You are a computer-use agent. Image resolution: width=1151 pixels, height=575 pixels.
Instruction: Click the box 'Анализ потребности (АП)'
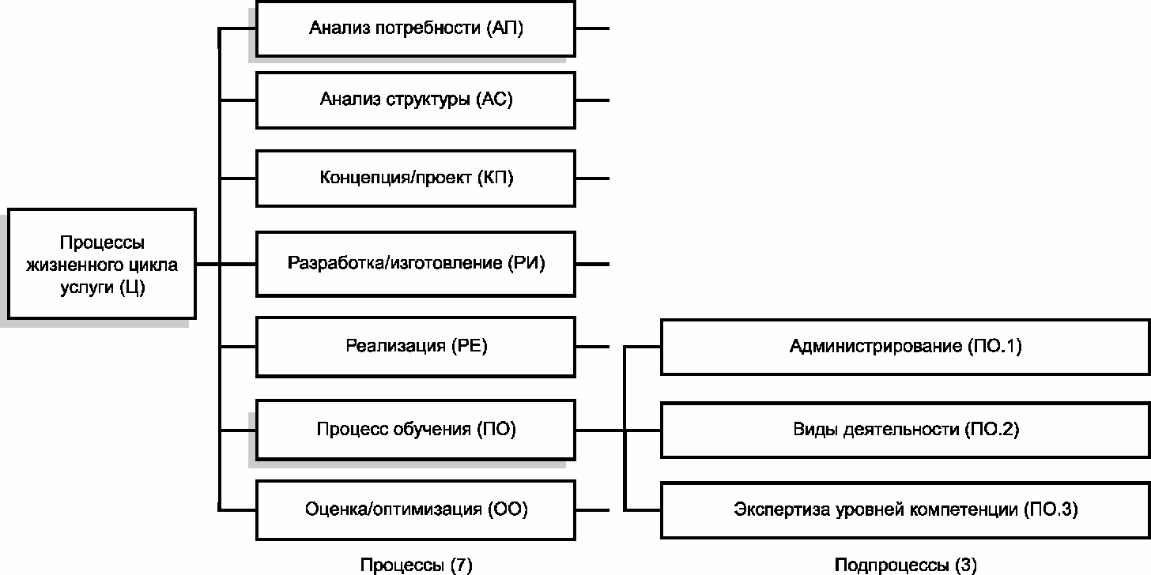(416, 28)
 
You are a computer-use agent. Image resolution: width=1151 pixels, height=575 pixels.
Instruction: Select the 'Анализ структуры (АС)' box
(416, 100)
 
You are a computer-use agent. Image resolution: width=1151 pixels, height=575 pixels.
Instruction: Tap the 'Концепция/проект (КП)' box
(416, 179)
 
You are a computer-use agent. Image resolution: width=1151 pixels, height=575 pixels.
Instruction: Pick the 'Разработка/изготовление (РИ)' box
(416, 264)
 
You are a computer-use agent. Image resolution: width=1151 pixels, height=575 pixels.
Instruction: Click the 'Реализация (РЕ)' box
(416, 347)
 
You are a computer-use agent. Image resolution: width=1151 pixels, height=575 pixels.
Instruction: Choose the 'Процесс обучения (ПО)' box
(416, 430)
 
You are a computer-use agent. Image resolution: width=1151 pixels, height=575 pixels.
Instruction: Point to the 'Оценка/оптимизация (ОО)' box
(416, 509)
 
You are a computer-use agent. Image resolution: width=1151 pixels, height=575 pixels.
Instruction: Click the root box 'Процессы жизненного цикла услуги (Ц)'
(102, 264)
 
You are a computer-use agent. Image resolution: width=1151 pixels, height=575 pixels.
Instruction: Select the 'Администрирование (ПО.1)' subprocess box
(905, 347)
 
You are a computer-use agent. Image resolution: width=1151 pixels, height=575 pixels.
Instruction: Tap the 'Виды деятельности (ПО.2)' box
(905, 430)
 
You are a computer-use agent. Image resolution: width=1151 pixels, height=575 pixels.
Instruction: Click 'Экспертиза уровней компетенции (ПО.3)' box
(905, 509)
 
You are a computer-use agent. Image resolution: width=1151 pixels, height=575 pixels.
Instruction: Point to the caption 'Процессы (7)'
(416, 565)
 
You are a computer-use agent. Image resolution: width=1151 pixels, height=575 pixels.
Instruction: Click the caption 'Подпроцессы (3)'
(905, 565)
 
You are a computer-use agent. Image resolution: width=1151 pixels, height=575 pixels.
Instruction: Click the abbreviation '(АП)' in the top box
(504, 28)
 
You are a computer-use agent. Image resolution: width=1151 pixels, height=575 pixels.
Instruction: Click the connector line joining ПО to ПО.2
(618, 430)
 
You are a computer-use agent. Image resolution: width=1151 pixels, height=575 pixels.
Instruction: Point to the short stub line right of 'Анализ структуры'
(592, 100)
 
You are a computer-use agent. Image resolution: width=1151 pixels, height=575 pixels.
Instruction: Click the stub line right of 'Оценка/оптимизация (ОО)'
(592, 509)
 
